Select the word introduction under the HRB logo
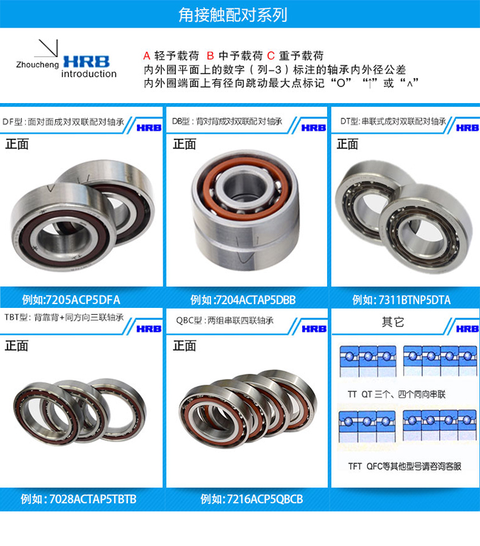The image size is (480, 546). [89, 74]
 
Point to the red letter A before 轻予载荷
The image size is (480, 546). [146, 56]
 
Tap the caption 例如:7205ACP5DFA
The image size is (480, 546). [71, 299]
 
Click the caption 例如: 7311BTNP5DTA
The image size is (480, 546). [401, 299]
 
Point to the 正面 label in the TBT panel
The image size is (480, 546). [17, 346]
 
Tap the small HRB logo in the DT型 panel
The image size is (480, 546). [467, 127]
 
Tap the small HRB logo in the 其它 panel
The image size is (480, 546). [467, 328]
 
